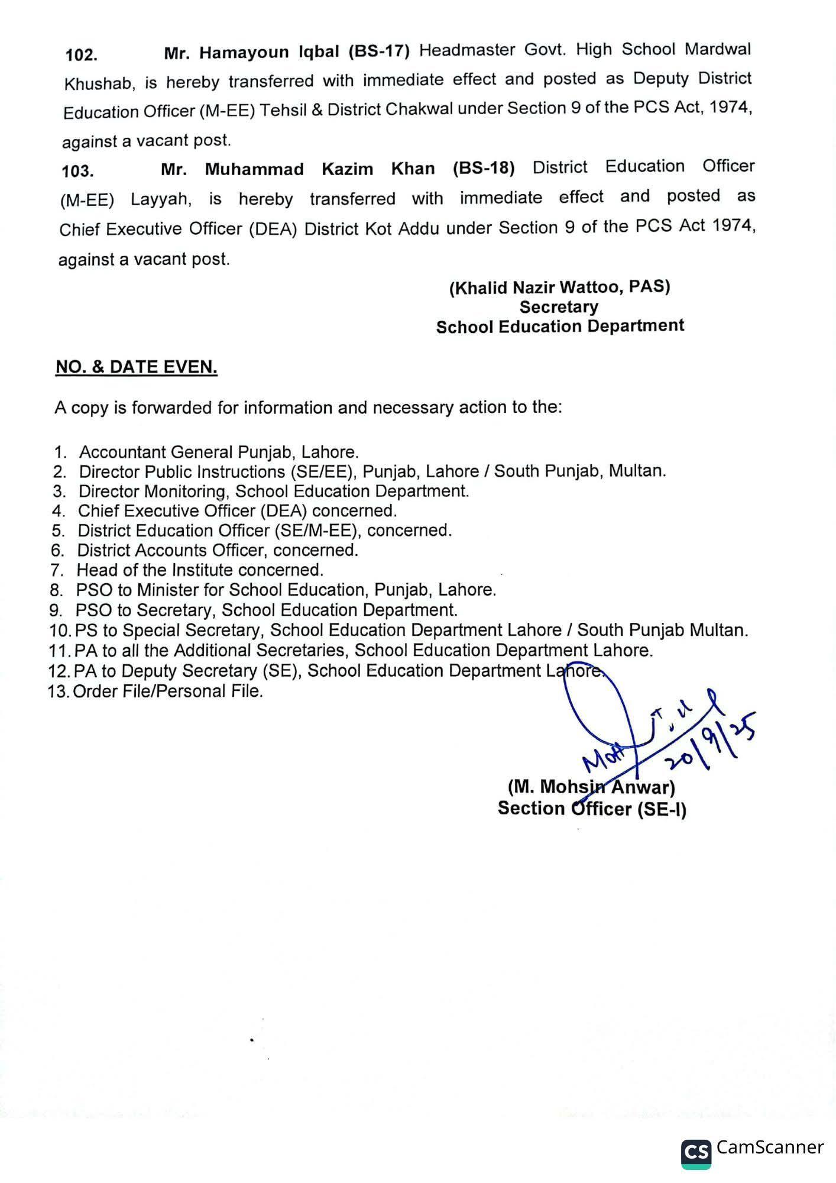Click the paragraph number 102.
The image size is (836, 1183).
81,56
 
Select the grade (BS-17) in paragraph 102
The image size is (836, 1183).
378,51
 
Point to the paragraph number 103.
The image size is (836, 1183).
77,172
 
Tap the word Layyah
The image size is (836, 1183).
161,199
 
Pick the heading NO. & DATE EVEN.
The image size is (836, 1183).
137,367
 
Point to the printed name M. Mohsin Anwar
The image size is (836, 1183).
591,787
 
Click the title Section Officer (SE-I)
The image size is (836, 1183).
592,809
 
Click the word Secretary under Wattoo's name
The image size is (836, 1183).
559,307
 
